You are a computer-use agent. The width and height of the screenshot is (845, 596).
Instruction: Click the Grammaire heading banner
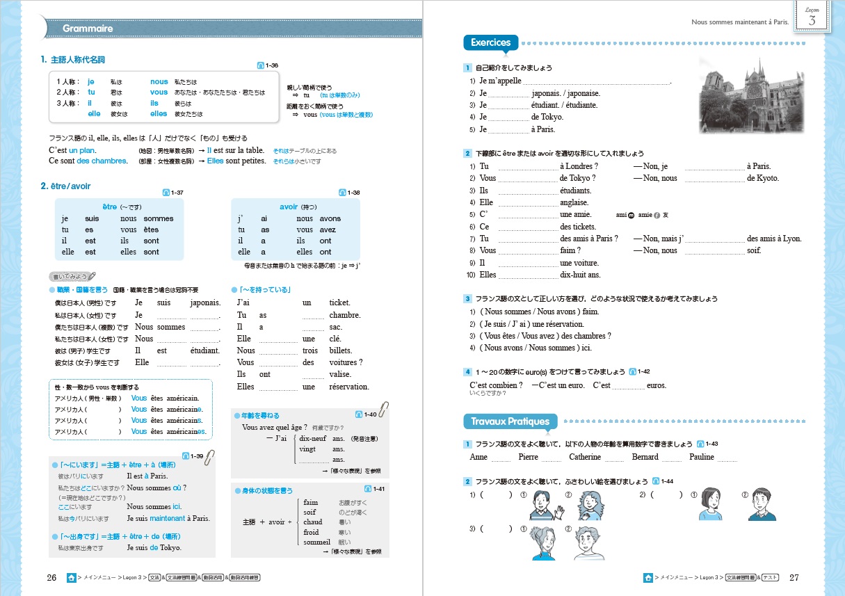click(x=88, y=29)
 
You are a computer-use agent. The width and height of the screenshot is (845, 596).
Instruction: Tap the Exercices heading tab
click(x=490, y=42)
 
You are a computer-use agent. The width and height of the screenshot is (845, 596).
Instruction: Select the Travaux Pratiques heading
click(x=510, y=421)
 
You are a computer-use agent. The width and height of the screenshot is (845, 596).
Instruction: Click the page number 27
click(x=794, y=577)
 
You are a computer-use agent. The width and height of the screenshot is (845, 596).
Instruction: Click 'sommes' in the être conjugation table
click(x=158, y=218)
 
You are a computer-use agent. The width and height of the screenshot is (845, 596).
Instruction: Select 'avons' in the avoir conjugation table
click(x=330, y=218)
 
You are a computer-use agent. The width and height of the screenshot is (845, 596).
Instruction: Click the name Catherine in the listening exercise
click(x=585, y=457)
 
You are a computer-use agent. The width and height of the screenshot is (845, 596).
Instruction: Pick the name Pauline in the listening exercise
click(x=702, y=457)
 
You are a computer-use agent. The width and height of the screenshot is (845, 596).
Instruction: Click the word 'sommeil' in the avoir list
click(x=317, y=542)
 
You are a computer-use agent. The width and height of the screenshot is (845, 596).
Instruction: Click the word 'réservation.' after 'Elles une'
click(x=349, y=387)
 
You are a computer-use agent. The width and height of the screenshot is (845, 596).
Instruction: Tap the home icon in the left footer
click(x=71, y=577)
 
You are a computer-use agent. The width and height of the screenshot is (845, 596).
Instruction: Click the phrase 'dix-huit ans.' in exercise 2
click(x=580, y=275)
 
